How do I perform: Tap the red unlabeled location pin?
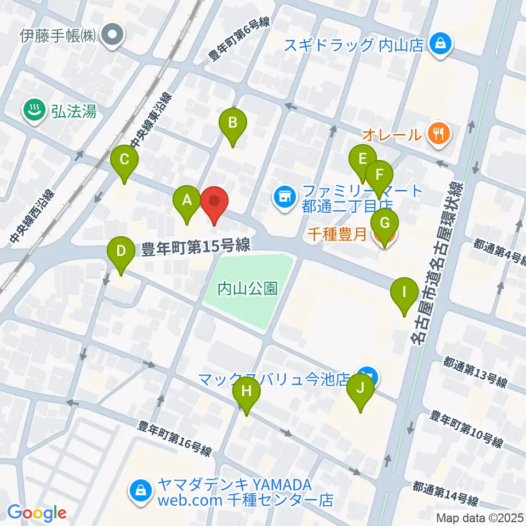(x=214, y=204)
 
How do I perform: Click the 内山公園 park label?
(x=248, y=288)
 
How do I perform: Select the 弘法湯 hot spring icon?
(x=34, y=112)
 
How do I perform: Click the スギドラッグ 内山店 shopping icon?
(x=440, y=43)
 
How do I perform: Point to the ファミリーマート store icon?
(x=284, y=197)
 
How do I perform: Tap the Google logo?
(x=37, y=513)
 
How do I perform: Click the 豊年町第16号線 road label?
(x=175, y=438)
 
